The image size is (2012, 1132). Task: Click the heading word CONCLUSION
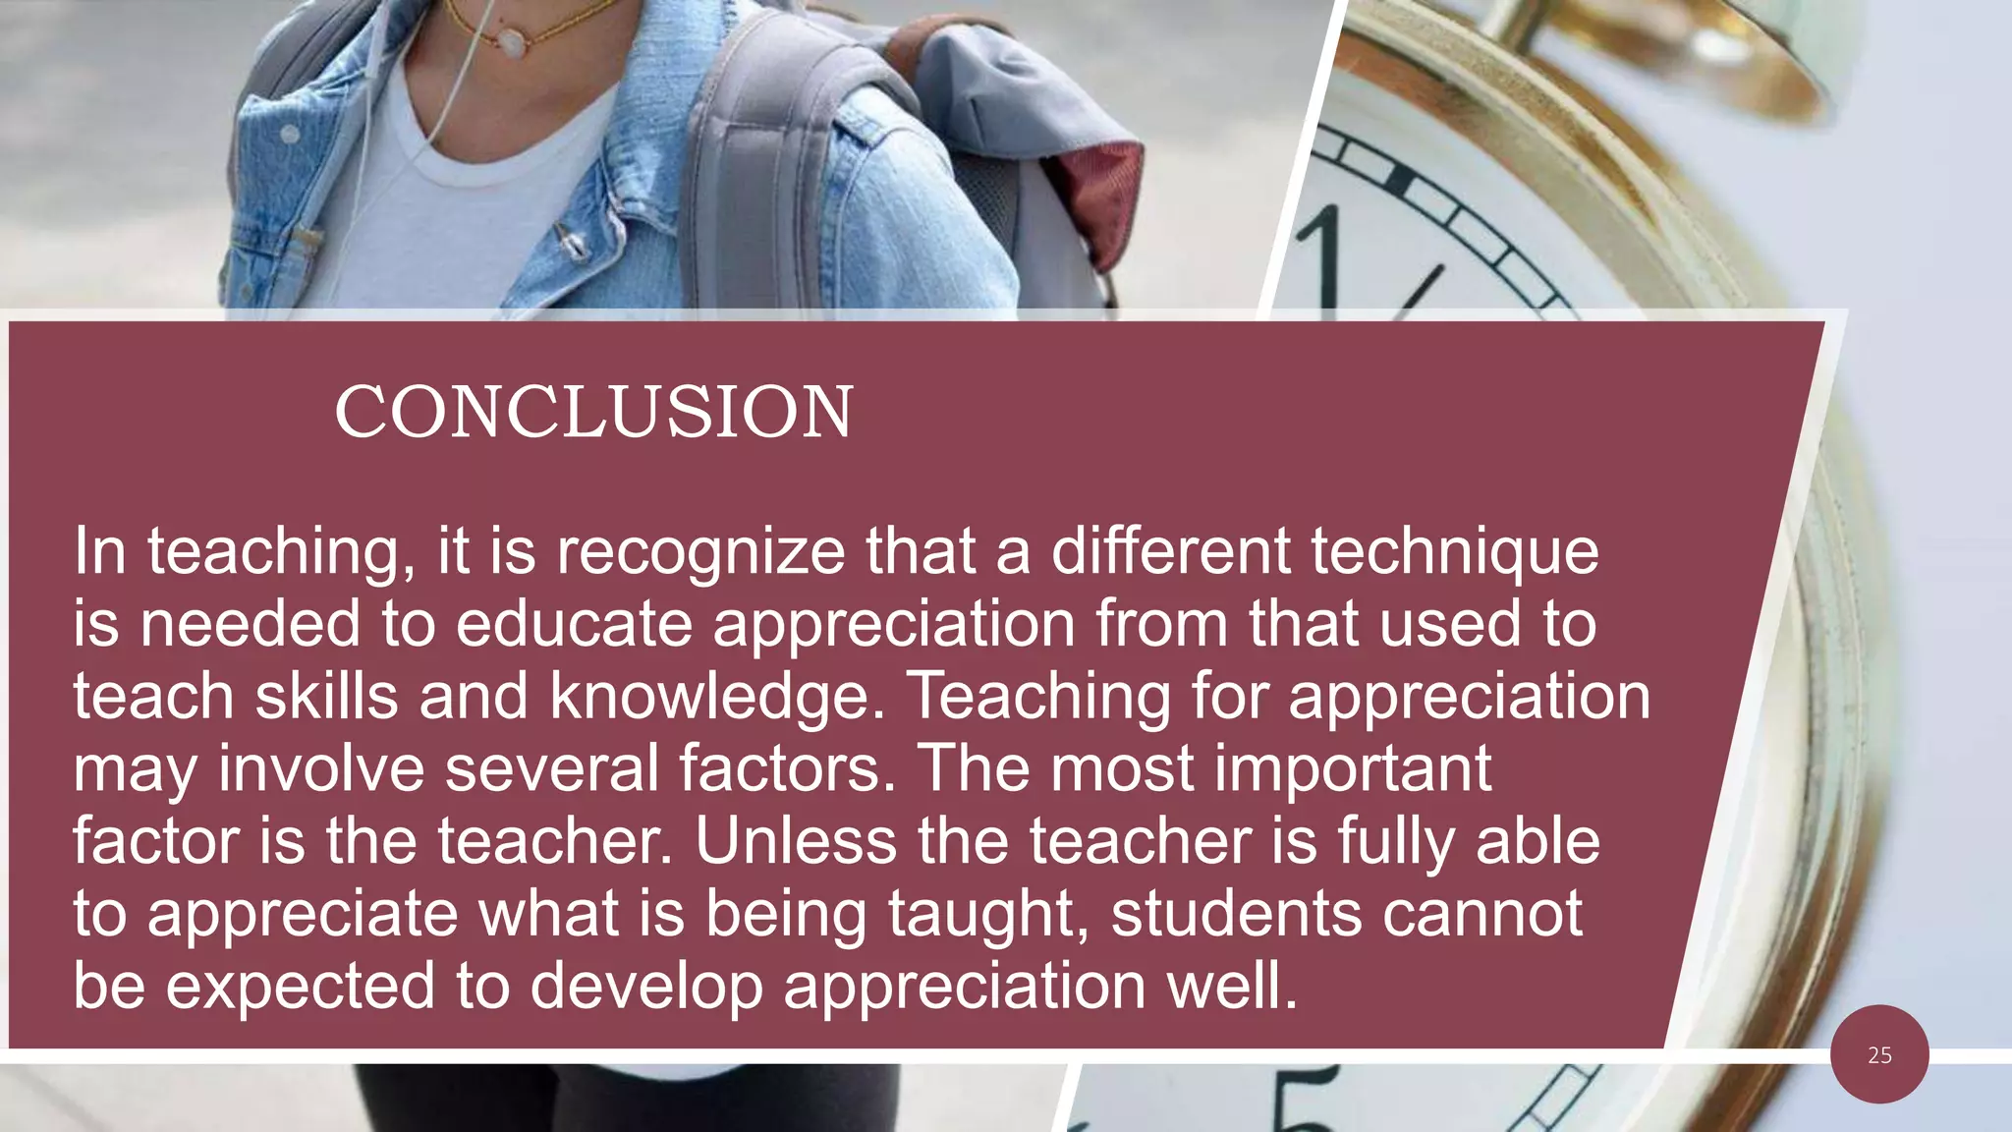pos(593,412)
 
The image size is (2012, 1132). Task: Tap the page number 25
pos(1879,1055)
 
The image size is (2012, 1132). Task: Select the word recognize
pos(700,551)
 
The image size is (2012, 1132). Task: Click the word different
pos(1170,551)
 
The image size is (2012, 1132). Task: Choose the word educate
pos(574,624)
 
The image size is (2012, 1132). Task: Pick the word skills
pos(326,696)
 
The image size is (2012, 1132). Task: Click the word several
pos(551,768)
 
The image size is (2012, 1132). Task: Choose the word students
pos(1236,914)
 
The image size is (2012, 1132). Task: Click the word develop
pos(646,986)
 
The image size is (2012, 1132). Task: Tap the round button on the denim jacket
pos(290,134)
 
